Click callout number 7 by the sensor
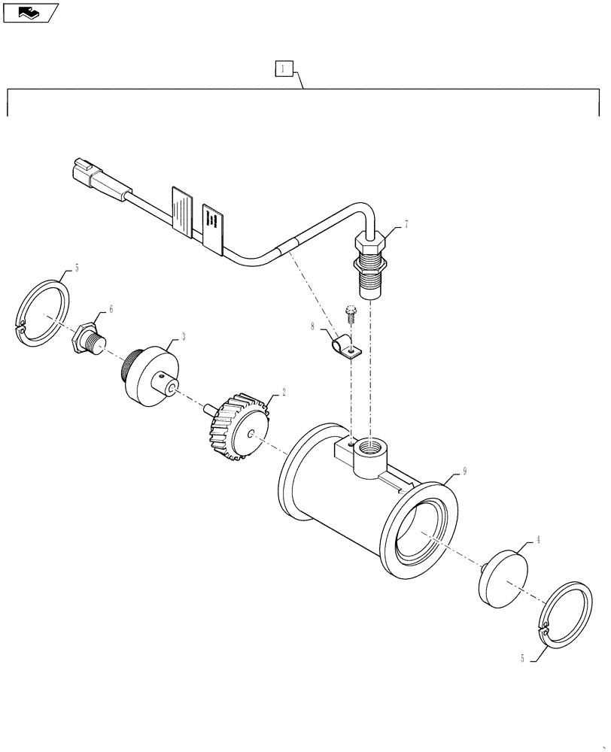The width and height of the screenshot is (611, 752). click(406, 224)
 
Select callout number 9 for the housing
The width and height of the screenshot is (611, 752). click(465, 472)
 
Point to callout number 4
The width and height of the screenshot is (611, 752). click(537, 539)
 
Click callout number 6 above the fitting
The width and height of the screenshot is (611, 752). click(111, 309)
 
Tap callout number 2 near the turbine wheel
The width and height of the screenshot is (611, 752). click(284, 392)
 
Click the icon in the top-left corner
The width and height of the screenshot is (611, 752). click(30, 13)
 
